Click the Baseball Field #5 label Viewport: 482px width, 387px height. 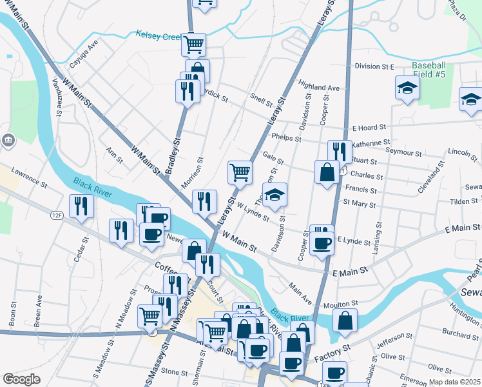pyautogui.click(x=429, y=70)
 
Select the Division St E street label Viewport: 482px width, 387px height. pyautogui.click(x=374, y=66)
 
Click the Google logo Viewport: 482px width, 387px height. pyautogui.click(x=21, y=379)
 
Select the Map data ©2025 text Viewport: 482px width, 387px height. pyautogui.click(x=455, y=382)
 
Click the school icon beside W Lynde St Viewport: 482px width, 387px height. pyautogui.click(x=275, y=196)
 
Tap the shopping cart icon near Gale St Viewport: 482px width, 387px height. pyautogui.click(x=240, y=172)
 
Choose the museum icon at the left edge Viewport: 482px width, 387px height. pyautogui.click(x=7, y=140)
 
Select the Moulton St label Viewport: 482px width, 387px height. pyautogui.click(x=342, y=303)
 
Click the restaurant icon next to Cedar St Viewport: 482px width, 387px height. pyautogui.click(x=81, y=206)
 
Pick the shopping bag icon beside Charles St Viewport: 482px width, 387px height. pyautogui.click(x=327, y=173)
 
